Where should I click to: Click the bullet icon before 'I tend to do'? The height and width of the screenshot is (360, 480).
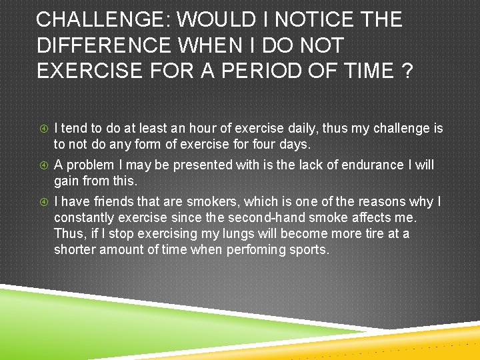(43, 129)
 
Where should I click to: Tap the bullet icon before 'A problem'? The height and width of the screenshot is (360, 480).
(43, 165)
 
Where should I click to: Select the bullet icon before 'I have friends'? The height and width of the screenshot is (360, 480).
(43, 202)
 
